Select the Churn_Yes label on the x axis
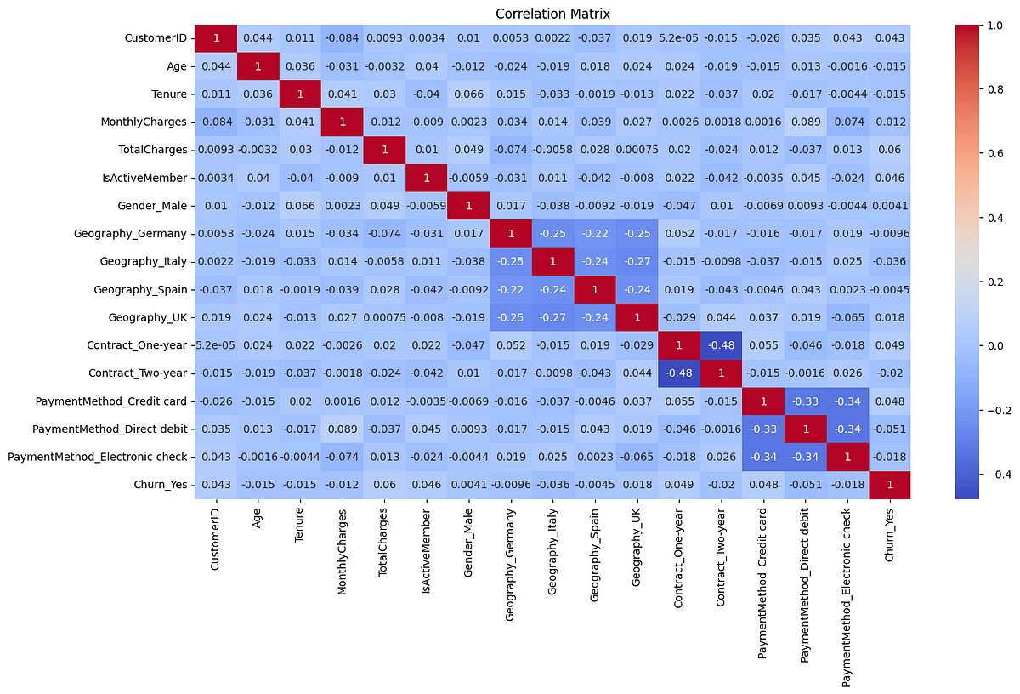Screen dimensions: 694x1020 (889, 532)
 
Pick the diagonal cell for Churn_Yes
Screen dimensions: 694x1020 (889, 486)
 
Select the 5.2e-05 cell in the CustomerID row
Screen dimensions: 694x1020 (679, 37)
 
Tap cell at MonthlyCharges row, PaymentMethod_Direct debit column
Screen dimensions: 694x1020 (805, 122)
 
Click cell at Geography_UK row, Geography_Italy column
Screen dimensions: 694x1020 (552, 318)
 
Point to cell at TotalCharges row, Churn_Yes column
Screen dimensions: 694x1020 (889, 150)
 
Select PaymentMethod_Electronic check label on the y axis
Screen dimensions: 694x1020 (97, 458)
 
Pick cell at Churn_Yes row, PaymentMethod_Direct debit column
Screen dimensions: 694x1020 (805, 486)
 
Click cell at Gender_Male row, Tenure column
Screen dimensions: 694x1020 (300, 206)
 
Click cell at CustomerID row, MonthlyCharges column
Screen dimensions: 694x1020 (343, 37)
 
